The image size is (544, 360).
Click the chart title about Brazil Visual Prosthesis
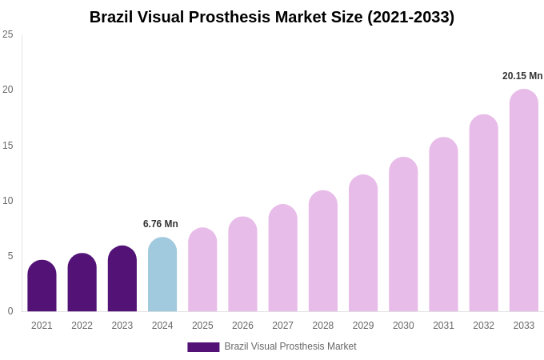272,17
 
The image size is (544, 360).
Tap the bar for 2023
122,279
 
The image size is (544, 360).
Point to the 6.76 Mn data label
161,224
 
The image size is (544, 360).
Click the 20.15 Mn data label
522,76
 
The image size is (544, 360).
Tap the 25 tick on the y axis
8,34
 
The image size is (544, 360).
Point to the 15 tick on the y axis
8,145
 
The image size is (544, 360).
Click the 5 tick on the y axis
10,256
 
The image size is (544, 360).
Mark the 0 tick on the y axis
10,311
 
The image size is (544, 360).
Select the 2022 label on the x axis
82,326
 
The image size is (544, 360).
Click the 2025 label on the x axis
202,326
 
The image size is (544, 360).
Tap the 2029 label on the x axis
363,326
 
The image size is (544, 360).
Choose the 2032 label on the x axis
483,326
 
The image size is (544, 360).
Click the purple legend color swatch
203,347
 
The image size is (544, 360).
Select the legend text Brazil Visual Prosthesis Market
290,346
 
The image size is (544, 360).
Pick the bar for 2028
323,251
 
